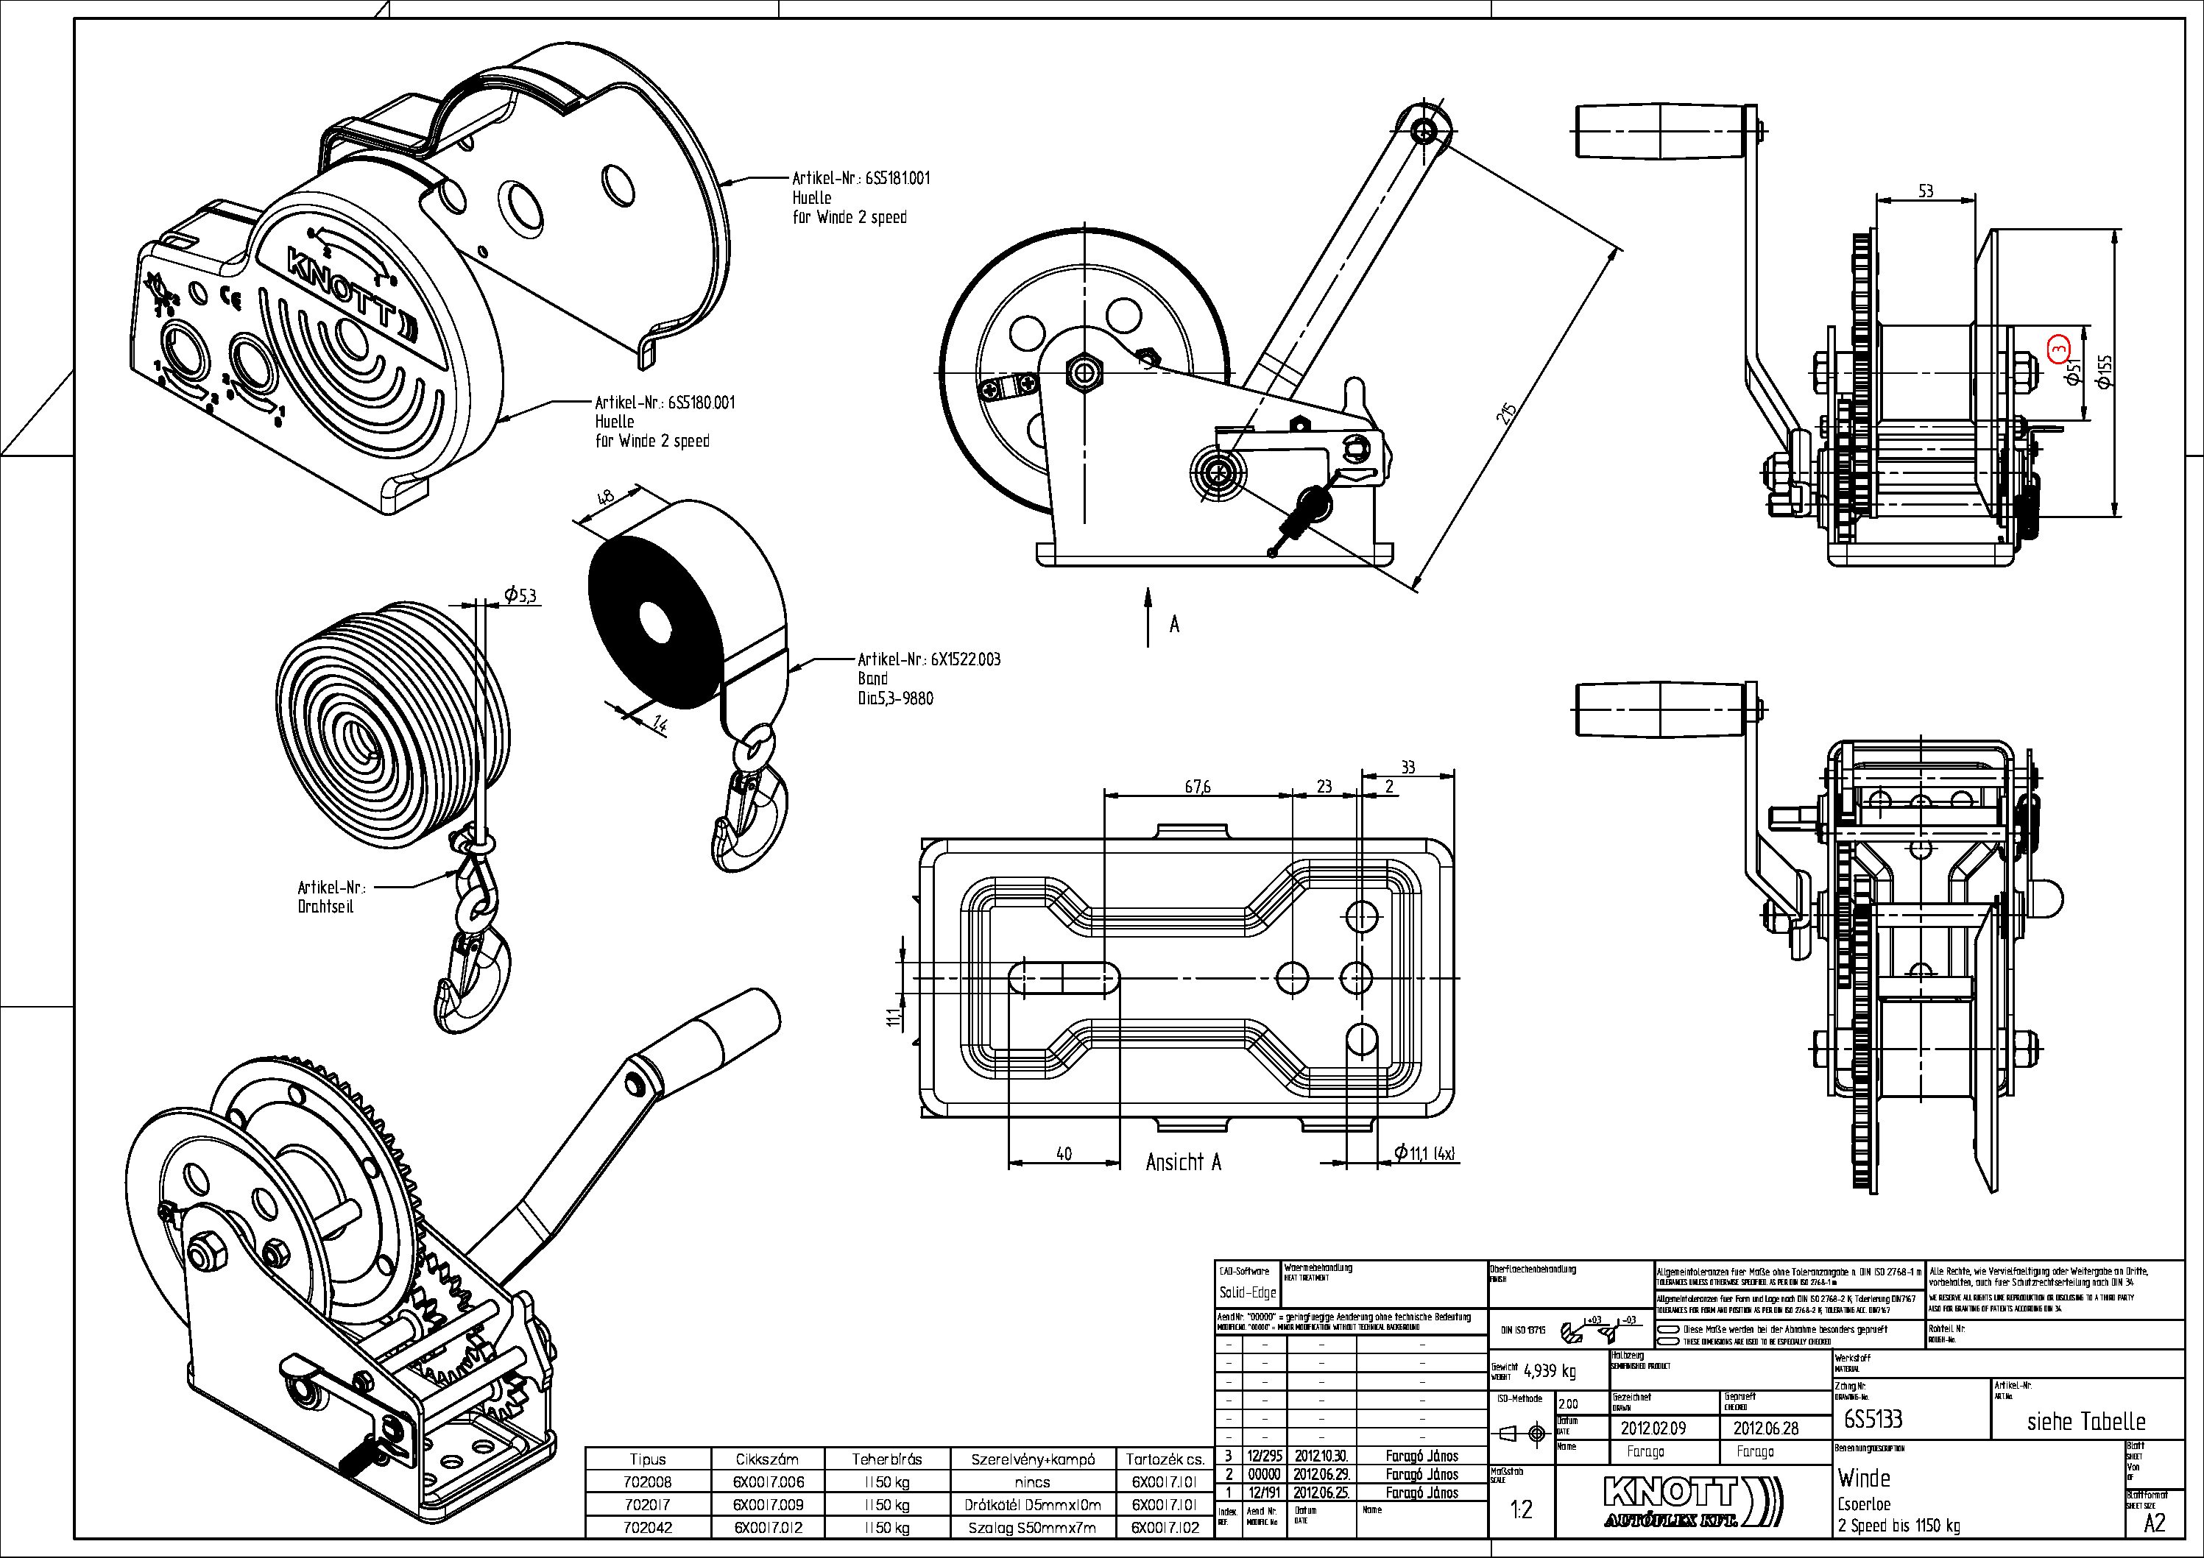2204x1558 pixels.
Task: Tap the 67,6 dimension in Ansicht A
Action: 1197,787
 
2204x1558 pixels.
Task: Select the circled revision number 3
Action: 2057,348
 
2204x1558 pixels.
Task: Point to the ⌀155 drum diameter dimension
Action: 2104,372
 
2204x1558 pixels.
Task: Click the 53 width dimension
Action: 1926,191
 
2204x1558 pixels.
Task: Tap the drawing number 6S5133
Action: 1873,1419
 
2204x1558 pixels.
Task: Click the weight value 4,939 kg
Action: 1550,1371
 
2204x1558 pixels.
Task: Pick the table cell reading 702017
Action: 648,1505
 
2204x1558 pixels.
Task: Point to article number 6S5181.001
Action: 897,179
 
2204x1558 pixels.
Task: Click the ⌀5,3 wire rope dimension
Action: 520,596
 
